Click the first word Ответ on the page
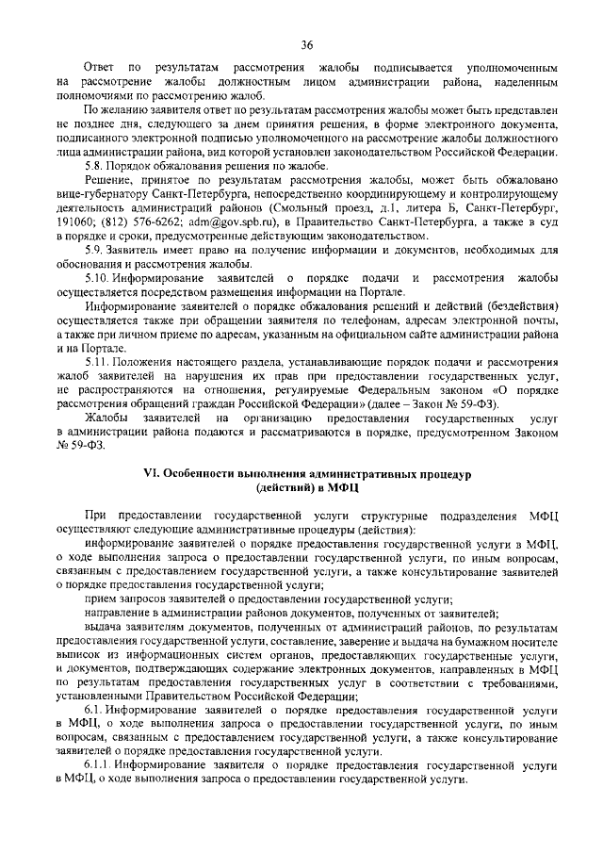[99, 70]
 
